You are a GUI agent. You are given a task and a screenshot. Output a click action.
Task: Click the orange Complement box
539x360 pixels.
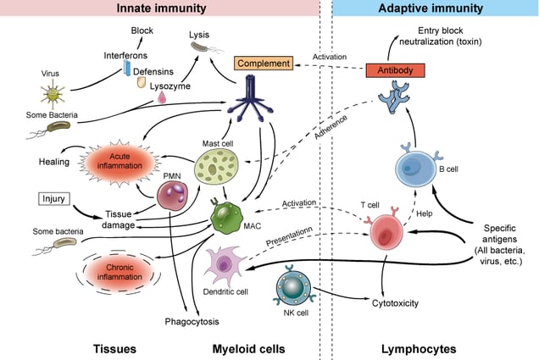click(264, 64)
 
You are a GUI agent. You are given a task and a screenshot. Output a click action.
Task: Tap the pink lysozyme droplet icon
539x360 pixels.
click(162, 97)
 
